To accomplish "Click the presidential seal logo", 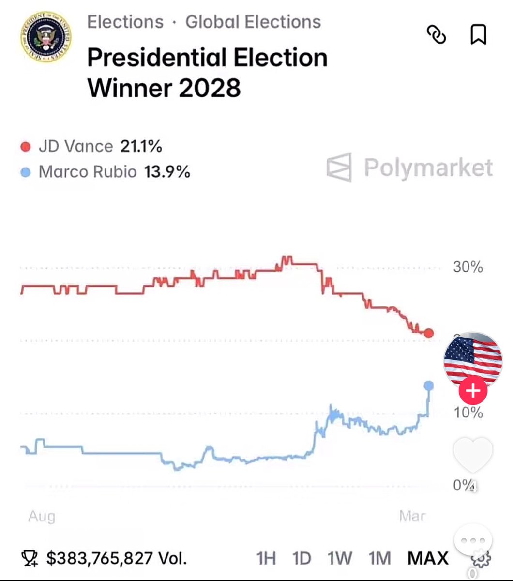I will tap(46, 37).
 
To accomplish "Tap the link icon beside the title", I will tap(436, 35).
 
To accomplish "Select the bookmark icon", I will tap(478, 35).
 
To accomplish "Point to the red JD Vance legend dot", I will tap(26, 146).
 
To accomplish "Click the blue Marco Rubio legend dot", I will tap(26, 172).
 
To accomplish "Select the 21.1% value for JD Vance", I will tap(141, 146).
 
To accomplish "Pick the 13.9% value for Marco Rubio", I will tap(167, 171).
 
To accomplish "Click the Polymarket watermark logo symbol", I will tap(339, 168).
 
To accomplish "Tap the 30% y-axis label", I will tap(468, 267).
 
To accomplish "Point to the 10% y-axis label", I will tap(468, 413).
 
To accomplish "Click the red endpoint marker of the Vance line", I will tap(429, 333).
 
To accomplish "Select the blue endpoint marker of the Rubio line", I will tap(429, 385).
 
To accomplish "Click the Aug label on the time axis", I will tap(42, 516).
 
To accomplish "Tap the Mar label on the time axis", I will tap(412, 516).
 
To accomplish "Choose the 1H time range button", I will tap(266, 558).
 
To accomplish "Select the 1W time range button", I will tap(339, 558).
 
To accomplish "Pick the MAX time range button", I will tap(428, 558).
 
